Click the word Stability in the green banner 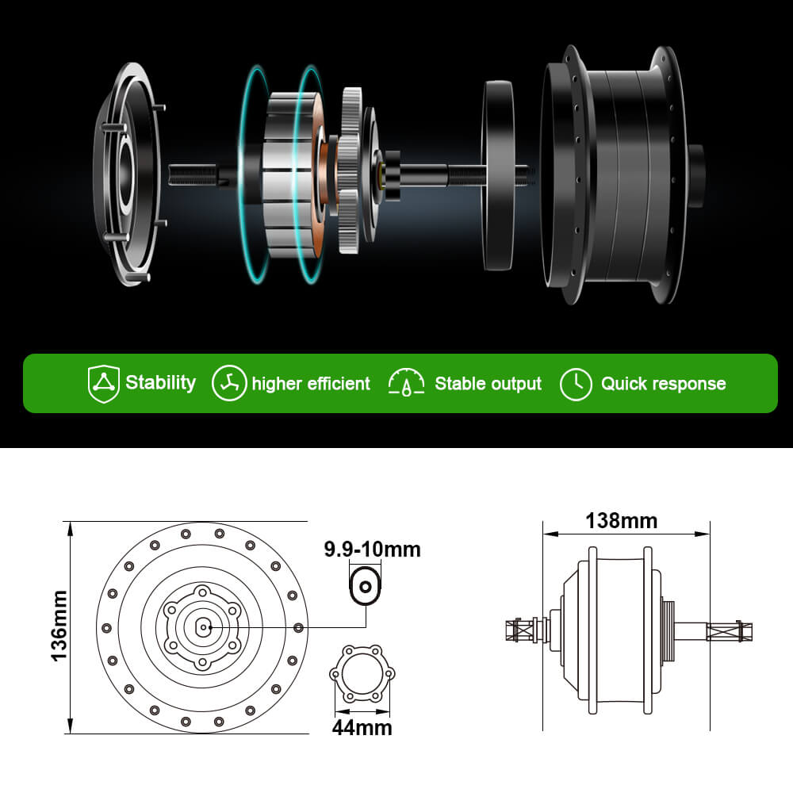(x=160, y=383)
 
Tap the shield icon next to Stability (x=103, y=384)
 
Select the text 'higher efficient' (x=311, y=384)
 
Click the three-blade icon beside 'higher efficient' (x=228, y=384)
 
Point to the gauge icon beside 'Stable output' (x=406, y=384)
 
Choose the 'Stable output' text (x=488, y=384)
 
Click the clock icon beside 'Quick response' (x=576, y=384)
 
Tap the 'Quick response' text (x=663, y=384)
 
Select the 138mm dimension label (x=621, y=521)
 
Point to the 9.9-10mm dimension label (x=372, y=549)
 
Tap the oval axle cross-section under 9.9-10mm (x=365, y=587)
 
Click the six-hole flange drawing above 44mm (x=362, y=674)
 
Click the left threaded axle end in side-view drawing (x=519, y=631)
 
